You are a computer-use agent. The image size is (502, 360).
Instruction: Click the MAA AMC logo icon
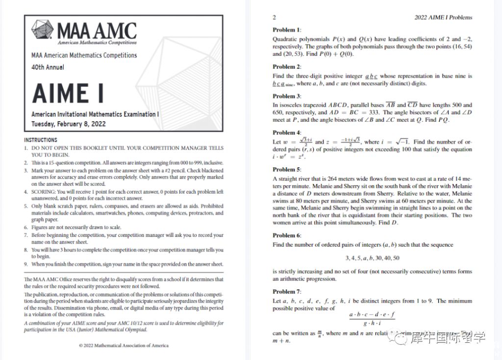click(x=43, y=30)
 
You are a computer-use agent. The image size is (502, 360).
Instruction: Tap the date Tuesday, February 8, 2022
click(x=68, y=124)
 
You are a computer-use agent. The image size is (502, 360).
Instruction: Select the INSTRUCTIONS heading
click(x=41, y=140)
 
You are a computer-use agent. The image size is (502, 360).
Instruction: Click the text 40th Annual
click(x=48, y=67)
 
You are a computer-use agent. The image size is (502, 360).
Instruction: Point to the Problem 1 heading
click(x=287, y=29)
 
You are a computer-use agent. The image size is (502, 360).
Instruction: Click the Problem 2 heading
click(x=287, y=67)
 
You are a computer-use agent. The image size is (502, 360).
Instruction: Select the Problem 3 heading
click(x=287, y=96)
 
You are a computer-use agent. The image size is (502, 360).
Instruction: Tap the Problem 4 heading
click(x=287, y=132)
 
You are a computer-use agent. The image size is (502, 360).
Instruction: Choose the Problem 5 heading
click(x=287, y=169)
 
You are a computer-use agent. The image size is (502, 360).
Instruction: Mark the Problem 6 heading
click(x=287, y=235)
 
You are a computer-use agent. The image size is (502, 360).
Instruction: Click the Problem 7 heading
click(x=287, y=291)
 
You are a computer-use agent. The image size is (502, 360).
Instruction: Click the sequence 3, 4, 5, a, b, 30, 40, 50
click(x=372, y=258)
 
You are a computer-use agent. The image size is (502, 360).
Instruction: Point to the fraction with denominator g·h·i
click(x=372, y=318)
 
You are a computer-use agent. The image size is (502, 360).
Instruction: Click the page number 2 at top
click(x=275, y=17)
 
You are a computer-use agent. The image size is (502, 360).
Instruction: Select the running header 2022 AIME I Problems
click(x=443, y=17)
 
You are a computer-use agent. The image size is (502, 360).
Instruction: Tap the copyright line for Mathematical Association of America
click(x=124, y=345)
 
